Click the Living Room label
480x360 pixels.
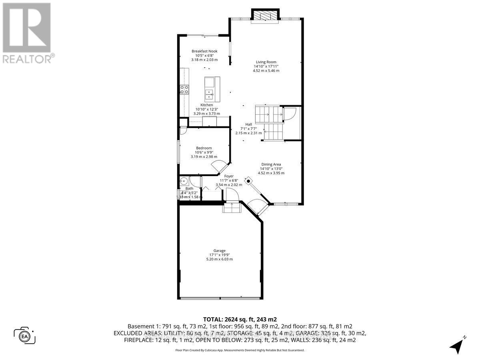(x=266, y=62)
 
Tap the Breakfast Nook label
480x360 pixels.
(x=204, y=51)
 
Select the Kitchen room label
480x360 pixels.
(x=206, y=105)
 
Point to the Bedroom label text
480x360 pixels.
(x=204, y=148)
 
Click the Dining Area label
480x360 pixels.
(x=271, y=164)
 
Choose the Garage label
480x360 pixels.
(x=219, y=250)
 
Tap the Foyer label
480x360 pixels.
(x=229, y=176)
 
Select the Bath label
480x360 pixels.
(x=189, y=188)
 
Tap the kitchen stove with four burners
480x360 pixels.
(x=184, y=90)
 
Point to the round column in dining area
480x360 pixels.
(x=248, y=181)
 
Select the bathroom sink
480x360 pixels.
(x=183, y=180)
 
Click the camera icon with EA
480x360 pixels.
(x=25, y=335)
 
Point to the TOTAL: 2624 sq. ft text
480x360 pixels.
(x=240, y=319)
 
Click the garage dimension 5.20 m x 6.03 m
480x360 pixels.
(x=219, y=259)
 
